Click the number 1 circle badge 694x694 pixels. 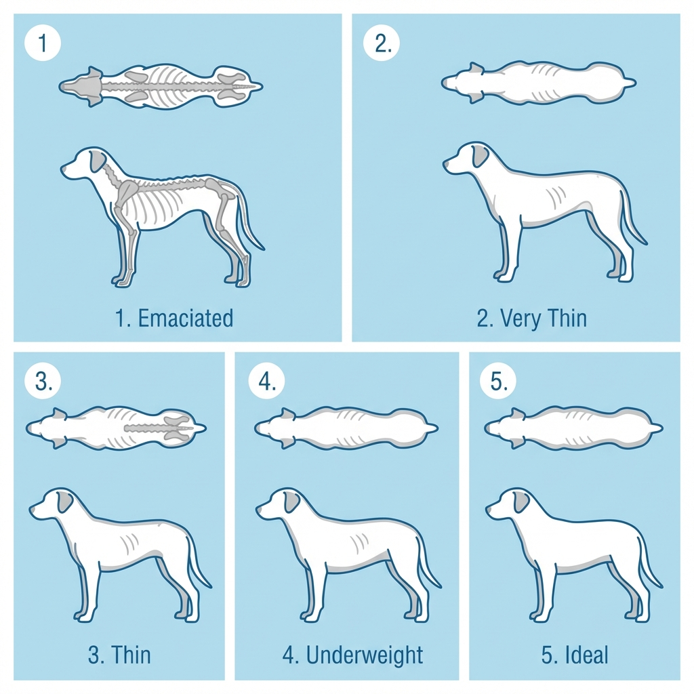(43, 44)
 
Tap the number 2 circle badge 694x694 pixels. (382, 44)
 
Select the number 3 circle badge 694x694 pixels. (43, 382)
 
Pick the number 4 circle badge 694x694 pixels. (267, 382)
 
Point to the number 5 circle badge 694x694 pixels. (498, 382)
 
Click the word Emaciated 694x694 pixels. (185, 318)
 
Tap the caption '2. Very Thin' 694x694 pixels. (531, 318)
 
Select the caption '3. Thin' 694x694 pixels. (119, 655)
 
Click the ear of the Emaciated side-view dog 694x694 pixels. (99, 161)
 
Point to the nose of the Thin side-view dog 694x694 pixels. (32, 512)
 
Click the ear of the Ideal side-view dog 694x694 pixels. (520, 502)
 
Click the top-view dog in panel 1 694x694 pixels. (161, 87)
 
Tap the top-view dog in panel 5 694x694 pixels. (573, 428)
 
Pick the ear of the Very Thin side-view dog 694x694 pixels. (480, 156)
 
